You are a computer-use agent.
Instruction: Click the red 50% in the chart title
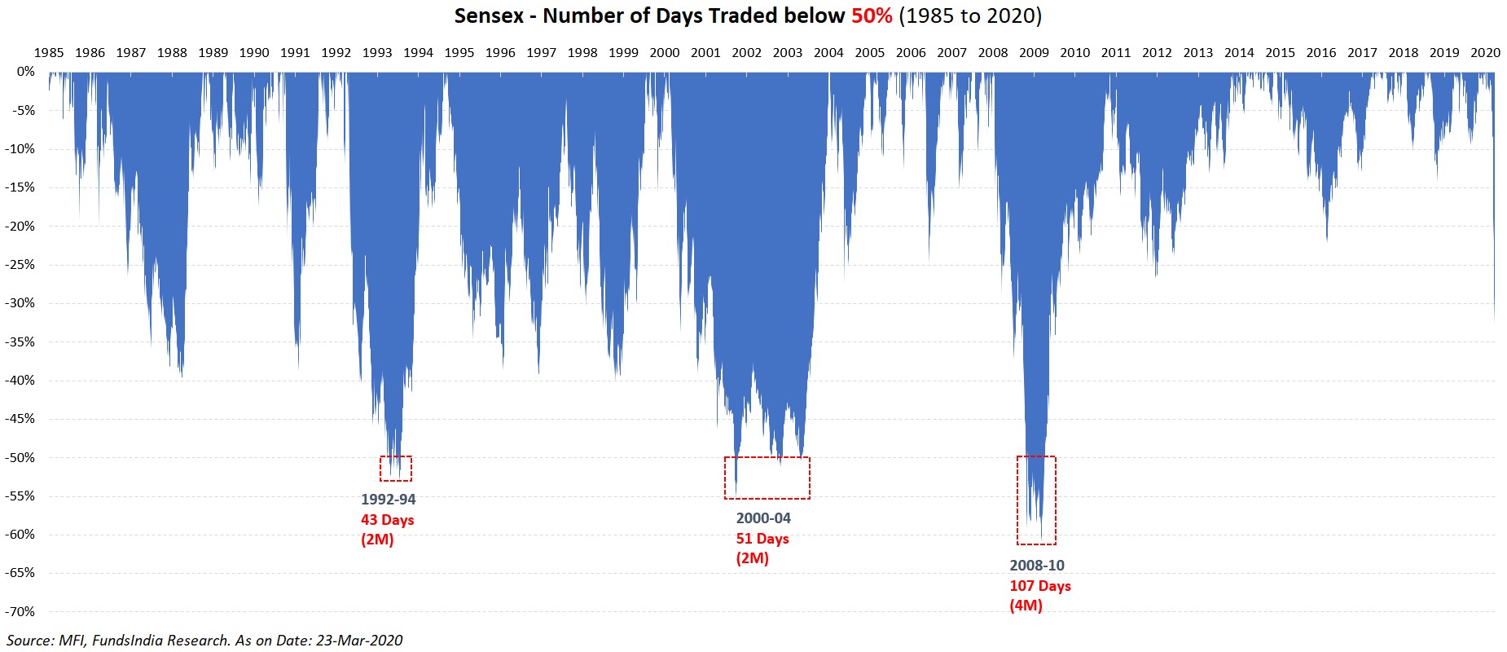point(872,15)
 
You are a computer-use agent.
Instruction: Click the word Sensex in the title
point(489,15)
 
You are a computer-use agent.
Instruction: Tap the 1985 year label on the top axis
point(49,52)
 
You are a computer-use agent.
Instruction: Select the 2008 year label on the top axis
point(993,52)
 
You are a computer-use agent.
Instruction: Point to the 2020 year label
point(1485,52)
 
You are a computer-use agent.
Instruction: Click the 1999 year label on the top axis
point(623,52)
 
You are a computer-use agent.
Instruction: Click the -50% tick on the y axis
point(20,457)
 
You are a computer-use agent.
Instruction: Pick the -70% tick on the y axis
point(20,611)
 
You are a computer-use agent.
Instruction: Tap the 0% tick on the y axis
point(26,72)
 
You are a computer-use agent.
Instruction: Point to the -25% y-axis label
point(20,264)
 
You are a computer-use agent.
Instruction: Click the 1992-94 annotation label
point(389,500)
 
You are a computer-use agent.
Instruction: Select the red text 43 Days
point(388,520)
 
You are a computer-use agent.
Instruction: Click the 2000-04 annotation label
point(763,518)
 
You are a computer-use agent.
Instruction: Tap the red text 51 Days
point(762,539)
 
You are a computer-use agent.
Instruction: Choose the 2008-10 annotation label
point(1037,566)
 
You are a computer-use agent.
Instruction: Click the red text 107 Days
point(1040,586)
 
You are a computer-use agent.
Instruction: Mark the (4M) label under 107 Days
point(1026,606)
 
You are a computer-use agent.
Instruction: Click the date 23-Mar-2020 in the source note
point(359,641)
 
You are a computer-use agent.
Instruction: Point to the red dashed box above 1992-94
point(396,469)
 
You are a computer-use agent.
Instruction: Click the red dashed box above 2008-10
point(1036,500)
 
